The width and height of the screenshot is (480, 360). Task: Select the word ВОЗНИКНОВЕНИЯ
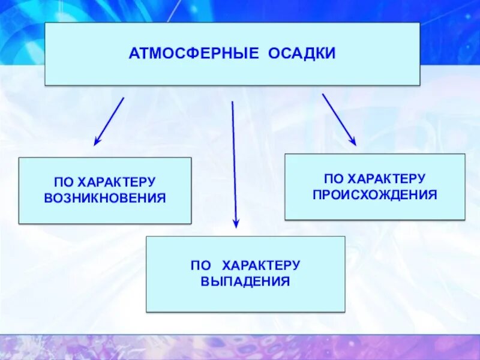point(105,197)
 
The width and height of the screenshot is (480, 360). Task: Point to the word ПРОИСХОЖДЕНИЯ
point(374,195)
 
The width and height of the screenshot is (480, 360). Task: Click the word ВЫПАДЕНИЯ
point(245,281)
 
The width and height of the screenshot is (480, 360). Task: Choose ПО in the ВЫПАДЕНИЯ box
point(199,265)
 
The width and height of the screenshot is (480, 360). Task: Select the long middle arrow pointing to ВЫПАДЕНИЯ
point(234,162)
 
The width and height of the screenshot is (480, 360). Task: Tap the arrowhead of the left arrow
point(96,142)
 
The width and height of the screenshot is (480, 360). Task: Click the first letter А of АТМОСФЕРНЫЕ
point(133,54)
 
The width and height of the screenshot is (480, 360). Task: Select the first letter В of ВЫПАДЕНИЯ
point(205,281)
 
